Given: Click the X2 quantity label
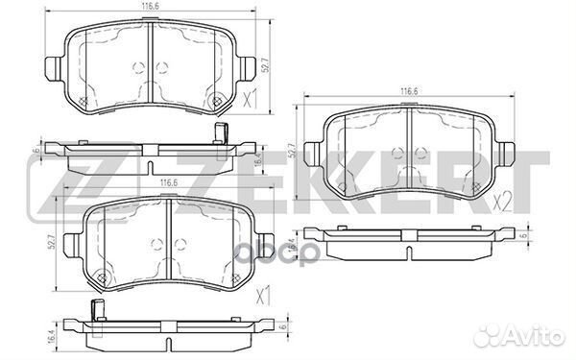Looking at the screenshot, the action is [x=502, y=204].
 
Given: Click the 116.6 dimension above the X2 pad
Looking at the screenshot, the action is [x=410, y=91].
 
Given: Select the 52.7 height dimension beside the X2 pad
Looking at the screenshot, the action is [x=292, y=151].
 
